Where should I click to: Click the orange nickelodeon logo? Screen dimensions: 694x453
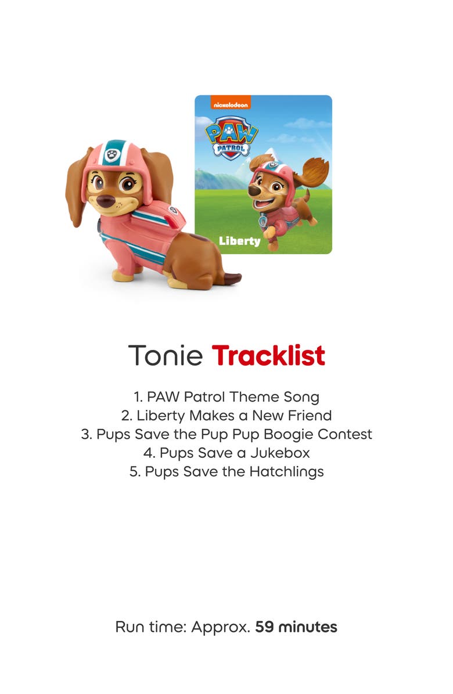pos(222,104)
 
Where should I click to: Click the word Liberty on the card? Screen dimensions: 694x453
pos(239,241)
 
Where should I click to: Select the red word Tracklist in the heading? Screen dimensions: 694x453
pos(268,355)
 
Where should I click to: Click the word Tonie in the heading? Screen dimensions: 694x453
pos(165,355)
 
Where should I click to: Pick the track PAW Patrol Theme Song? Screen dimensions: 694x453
pos(227,397)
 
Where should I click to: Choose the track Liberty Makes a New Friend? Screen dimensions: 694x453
pos(227,415)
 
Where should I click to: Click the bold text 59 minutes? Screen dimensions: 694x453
pos(296,627)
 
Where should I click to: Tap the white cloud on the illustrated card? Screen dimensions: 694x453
pos(307,123)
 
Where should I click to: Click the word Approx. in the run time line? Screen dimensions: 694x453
pos(221,627)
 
